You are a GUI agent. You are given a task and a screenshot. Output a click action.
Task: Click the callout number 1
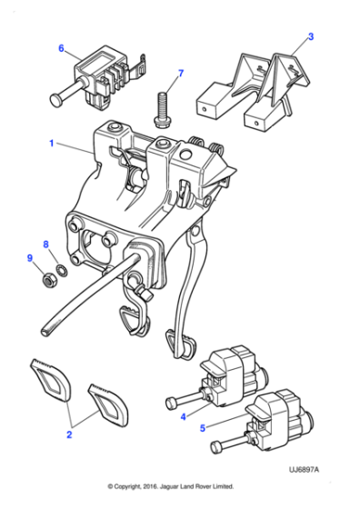coord(52,143)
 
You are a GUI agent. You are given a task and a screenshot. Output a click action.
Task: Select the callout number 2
coord(69,435)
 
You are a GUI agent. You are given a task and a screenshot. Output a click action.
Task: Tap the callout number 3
coord(310,37)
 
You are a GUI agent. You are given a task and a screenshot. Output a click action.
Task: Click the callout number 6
coord(61,48)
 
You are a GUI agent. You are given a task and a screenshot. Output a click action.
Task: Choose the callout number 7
coord(180,73)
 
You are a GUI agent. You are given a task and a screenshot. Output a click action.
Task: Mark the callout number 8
coord(47,244)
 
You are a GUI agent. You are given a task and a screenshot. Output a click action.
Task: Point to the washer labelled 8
coord(59,269)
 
